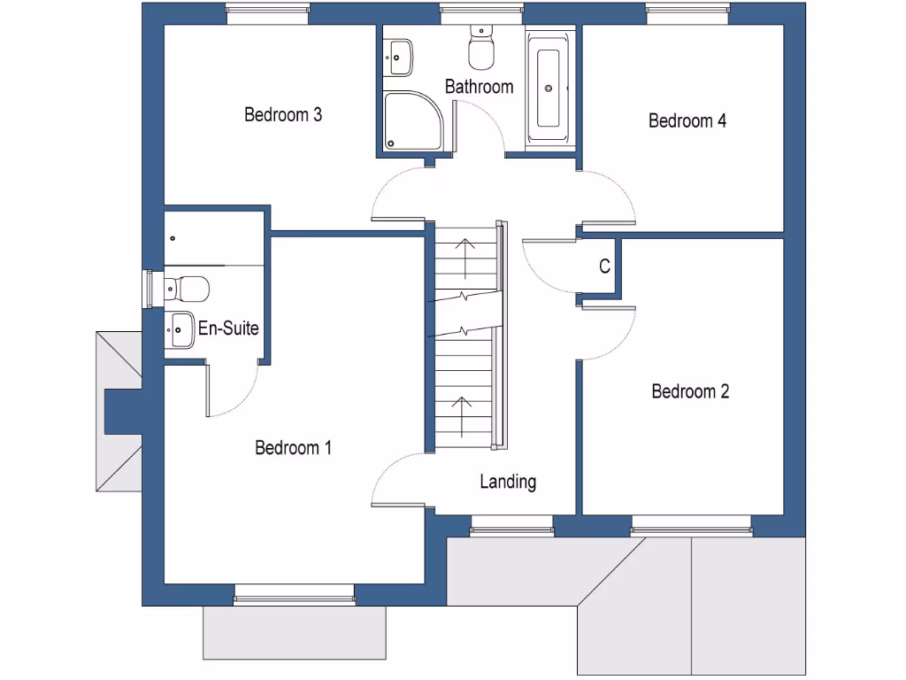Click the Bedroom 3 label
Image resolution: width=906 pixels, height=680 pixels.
[x=282, y=114]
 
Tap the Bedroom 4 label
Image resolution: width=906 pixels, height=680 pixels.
[x=687, y=120]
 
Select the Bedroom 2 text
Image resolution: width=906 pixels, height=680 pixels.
[x=690, y=391]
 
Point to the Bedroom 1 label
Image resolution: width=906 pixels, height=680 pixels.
[x=293, y=448]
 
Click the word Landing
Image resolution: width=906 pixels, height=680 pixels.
[x=508, y=482]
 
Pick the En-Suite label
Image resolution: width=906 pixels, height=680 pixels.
[x=228, y=328]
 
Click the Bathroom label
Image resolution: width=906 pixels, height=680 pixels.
[x=479, y=87]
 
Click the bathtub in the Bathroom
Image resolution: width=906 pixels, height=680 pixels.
[x=549, y=88]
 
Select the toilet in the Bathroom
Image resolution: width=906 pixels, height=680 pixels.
[x=482, y=50]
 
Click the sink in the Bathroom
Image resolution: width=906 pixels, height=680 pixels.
[x=399, y=58]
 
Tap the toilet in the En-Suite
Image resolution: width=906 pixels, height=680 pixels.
[x=187, y=289]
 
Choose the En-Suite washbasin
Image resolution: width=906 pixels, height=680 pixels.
[x=180, y=330]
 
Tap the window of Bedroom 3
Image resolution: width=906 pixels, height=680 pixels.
[x=268, y=13]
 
